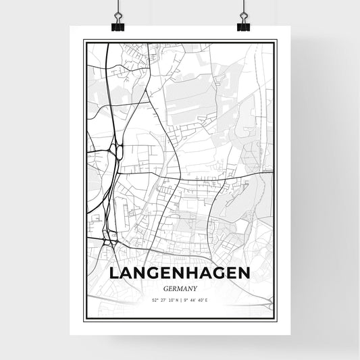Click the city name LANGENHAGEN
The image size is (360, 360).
coord(180,272)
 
